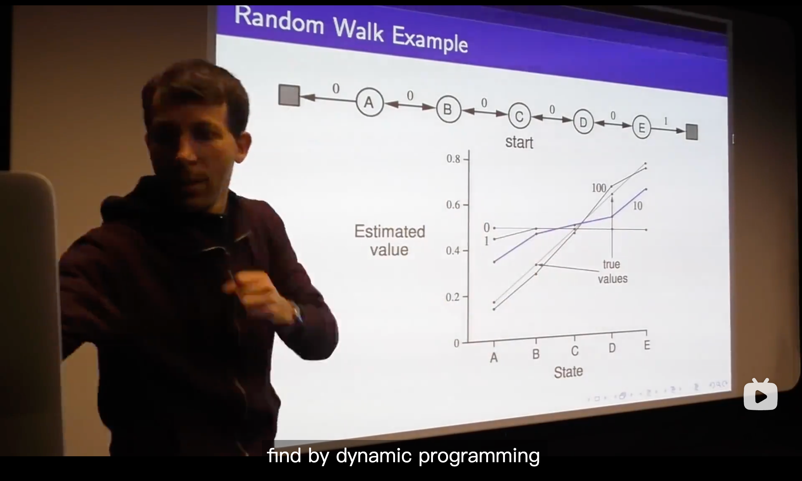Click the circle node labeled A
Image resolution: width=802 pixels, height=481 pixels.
[370, 102]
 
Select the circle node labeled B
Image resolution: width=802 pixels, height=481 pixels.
[448, 110]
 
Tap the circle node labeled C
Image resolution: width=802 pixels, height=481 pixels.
[519, 116]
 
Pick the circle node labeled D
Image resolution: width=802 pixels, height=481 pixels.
[583, 122]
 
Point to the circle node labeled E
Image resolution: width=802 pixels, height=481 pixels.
[642, 127]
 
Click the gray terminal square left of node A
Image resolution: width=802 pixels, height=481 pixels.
[289, 95]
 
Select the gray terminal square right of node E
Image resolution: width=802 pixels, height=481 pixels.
[692, 132]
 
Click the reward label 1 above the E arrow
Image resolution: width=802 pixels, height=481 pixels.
[666, 121]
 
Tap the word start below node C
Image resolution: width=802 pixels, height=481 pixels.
[519, 142]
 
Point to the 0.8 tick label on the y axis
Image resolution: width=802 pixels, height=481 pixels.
[453, 159]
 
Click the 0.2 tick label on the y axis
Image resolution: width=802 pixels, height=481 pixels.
[453, 297]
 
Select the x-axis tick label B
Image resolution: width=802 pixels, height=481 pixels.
[536, 354]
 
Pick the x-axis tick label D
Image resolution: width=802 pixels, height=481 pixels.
[612, 348]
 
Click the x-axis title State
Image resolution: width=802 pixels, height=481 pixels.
[568, 372]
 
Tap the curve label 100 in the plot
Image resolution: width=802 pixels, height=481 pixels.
[599, 188]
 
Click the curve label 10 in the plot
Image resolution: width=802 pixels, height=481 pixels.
[638, 206]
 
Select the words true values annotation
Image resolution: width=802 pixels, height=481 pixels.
[612, 272]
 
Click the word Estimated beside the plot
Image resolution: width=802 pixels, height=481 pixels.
[390, 231]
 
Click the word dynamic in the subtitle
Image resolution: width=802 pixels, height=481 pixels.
[373, 456]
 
